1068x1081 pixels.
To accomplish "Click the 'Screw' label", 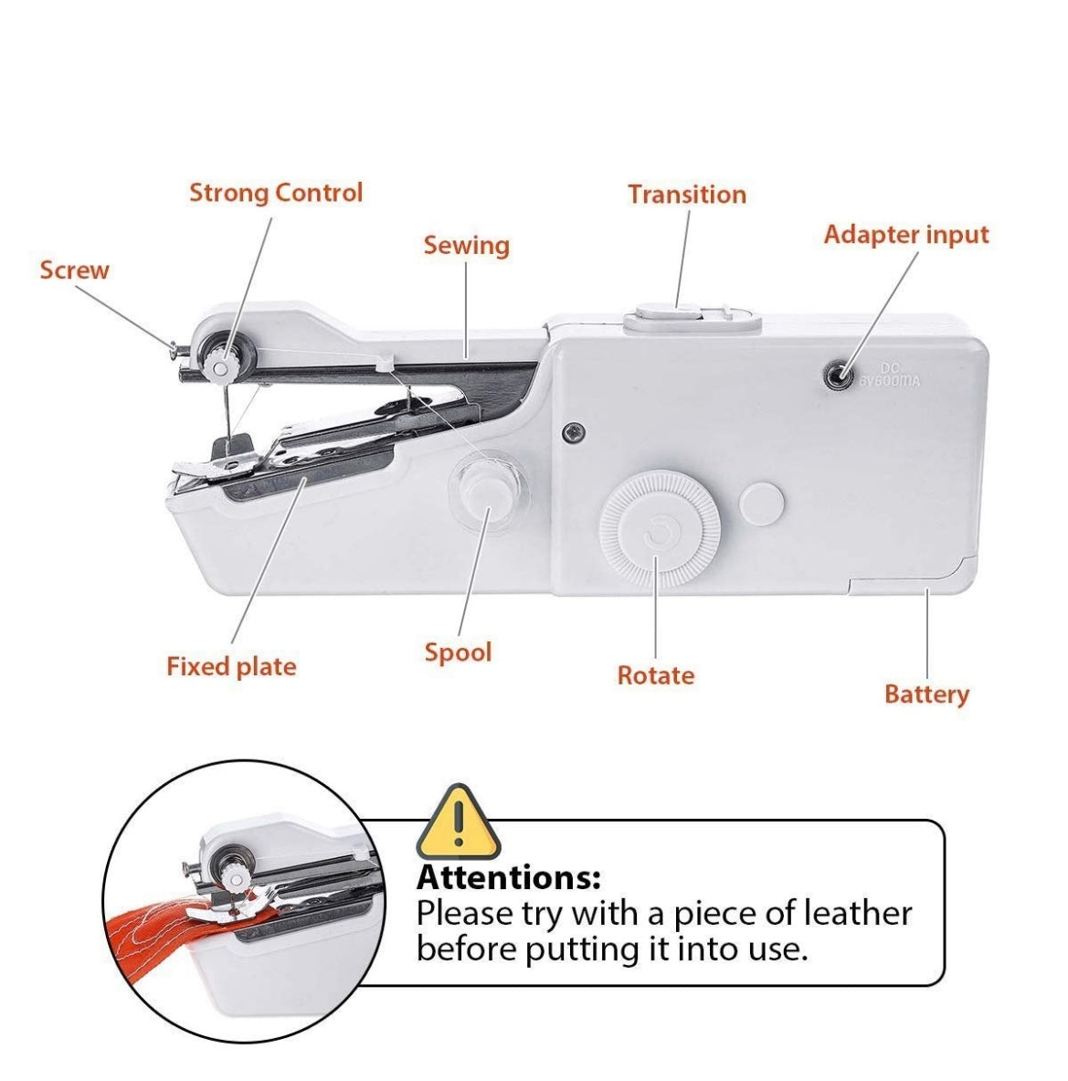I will [x=74, y=270].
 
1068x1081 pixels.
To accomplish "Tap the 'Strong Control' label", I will [x=276, y=193].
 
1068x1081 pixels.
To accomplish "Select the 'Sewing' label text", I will [x=466, y=246].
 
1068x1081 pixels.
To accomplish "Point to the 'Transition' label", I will [x=686, y=195].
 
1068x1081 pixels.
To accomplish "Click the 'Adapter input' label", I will [x=905, y=235].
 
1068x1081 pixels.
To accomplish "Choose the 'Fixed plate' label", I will [x=231, y=666].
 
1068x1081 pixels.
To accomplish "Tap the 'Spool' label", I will [x=458, y=652].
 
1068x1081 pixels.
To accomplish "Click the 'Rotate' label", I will [x=655, y=675].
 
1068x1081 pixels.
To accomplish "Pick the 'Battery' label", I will [x=925, y=694].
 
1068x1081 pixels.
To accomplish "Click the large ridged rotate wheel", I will [x=659, y=529].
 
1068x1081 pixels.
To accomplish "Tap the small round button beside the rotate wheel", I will [x=762, y=504].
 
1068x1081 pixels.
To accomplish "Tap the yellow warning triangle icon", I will [x=459, y=821].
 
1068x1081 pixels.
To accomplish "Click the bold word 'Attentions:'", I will [x=509, y=878].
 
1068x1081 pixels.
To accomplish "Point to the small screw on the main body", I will [x=572, y=429].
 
